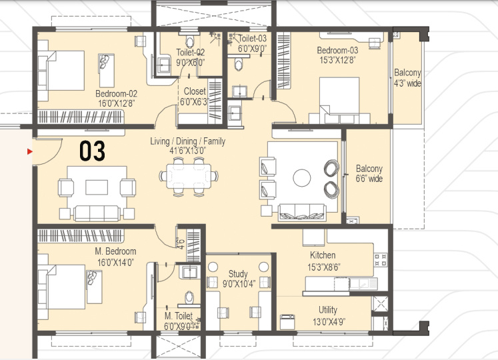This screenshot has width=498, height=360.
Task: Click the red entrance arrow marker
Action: pos(30,151)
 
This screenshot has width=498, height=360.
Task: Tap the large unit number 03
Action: pos(92,151)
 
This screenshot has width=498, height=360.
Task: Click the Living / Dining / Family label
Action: pos(188,141)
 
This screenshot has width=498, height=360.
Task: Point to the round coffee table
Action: pos(302,177)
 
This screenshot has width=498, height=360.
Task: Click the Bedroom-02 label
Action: pos(116,94)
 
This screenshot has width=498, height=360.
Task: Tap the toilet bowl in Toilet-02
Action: pos(189,42)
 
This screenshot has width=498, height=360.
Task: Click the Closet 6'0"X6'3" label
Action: pos(195,97)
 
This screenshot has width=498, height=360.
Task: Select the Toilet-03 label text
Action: pos(252,39)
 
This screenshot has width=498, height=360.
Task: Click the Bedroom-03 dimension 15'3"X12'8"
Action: pos(337,60)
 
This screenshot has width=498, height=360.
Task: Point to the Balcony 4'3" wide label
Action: pos(407,78)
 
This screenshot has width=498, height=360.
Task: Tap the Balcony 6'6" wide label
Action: pos(369,173)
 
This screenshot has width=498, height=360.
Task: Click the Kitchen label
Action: pos(323,255)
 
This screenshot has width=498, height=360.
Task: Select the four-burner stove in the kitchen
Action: pos(381,259)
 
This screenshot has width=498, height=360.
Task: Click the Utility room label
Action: pos(328,310)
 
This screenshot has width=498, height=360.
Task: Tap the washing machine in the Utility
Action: pos(287,322)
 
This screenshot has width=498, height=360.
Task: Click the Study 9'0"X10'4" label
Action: pos(238,279)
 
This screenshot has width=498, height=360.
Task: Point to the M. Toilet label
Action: pos(179,316)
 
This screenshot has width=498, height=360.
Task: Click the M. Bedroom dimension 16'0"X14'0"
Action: pos(115,263)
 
